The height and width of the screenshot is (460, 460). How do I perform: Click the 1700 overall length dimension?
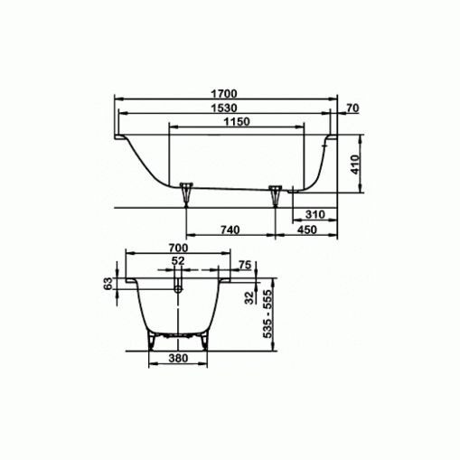click(x=224, y=92)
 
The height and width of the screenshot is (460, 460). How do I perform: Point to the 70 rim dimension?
click(x=352, y=108)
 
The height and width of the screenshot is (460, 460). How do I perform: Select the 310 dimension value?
click(x=314, y=214)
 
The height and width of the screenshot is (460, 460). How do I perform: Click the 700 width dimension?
click(x=177, y=248)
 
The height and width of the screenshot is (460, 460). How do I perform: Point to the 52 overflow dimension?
click(x=177, y=261)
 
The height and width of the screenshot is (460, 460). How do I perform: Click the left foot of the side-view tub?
click(x=186, y=192)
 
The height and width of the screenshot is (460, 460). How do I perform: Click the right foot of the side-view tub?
click(x=276, y=193)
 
